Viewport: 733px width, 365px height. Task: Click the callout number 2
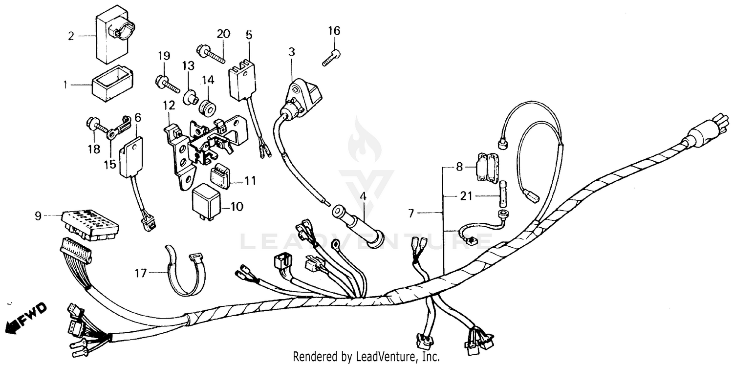coord(71,36)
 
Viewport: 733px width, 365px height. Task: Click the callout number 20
coord(223,34)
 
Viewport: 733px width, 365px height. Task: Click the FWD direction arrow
coord(27,317)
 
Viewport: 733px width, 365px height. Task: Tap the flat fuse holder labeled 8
coord(487,167)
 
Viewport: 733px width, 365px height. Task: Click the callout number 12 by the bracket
coord(169,105)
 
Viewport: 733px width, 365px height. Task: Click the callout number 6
coord(138,117)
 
